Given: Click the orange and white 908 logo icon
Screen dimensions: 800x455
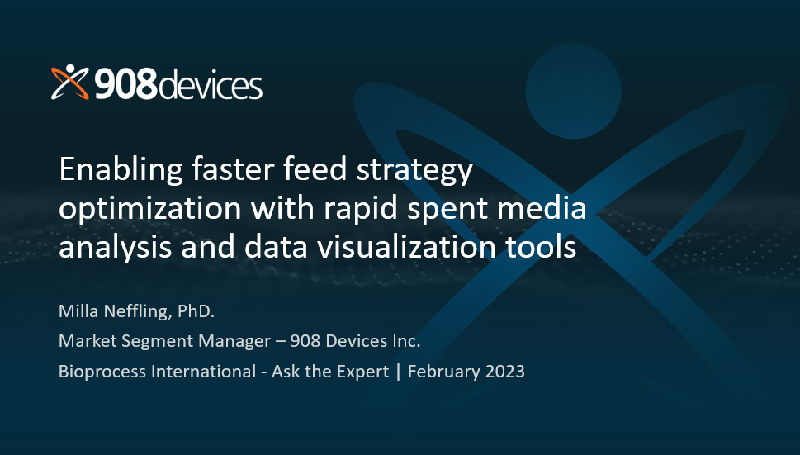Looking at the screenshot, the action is coord(70,82).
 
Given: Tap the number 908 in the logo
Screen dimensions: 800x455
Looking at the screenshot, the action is coord(126,84).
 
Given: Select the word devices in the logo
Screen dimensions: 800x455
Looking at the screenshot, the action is coord(211,84).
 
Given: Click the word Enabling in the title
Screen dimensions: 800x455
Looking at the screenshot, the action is coord(121,170).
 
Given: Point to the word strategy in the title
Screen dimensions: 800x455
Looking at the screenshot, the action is coord(414,171).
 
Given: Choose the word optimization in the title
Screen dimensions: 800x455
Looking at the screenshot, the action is coord(150,209).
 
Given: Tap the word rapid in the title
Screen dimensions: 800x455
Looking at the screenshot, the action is coord(361,209).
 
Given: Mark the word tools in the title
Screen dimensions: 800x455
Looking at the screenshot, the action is coord(541,246).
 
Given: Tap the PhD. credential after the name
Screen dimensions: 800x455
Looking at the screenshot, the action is coord(196,310).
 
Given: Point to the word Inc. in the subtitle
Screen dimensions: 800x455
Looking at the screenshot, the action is coord(407,341).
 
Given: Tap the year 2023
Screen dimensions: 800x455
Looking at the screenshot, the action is coord(505,372).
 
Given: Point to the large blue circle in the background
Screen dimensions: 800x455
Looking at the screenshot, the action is coord(574,92).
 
